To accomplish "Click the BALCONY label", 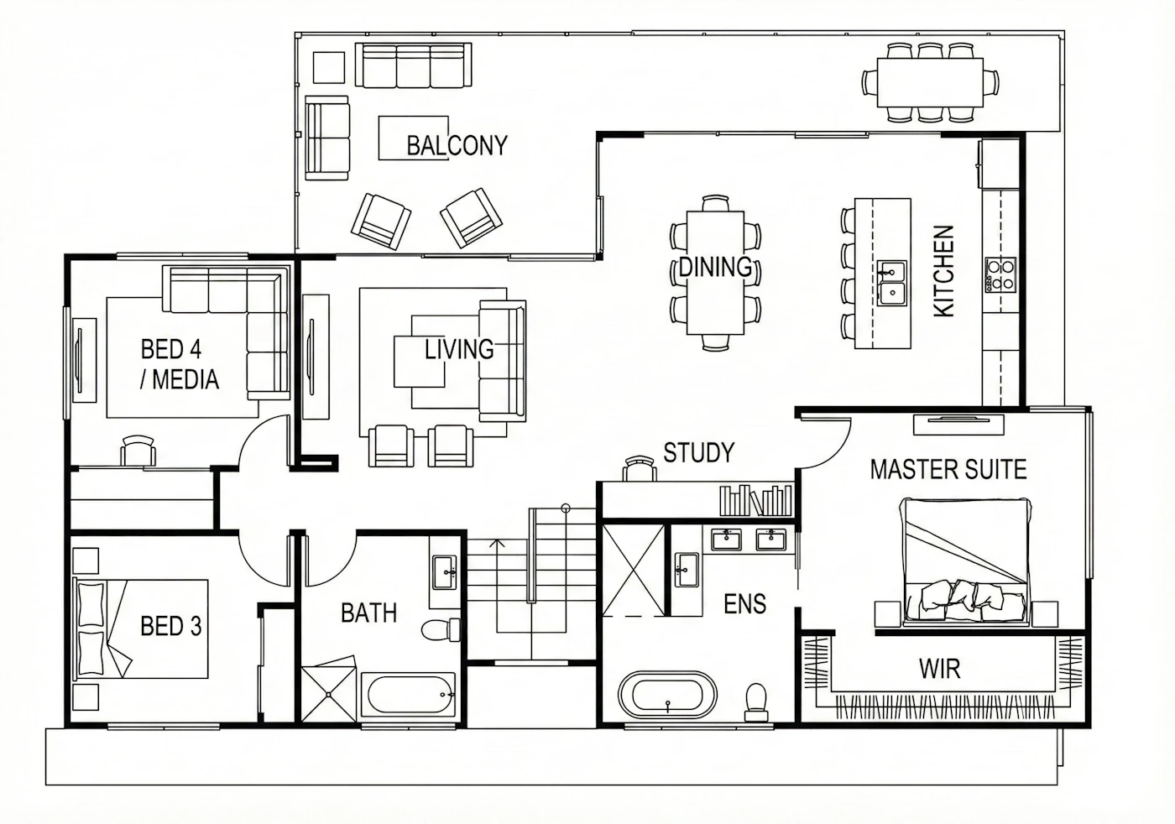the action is (457, 145).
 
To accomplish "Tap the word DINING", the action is (715, 267).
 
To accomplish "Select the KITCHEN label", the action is (943, 271).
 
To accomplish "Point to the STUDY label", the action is (698, 452).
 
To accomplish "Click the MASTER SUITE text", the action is (948, 469).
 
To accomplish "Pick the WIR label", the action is (939, 669).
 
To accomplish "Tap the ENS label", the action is (745, 603).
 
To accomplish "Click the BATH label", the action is (368, 613).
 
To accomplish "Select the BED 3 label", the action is (171, 625).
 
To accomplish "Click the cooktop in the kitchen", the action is (1000, 274).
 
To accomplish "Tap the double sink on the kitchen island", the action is (891, 283).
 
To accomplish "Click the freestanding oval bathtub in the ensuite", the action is (668, 696).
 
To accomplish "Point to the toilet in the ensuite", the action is (756, 701).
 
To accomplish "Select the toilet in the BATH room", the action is (441, 629).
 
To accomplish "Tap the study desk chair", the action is (640, 468).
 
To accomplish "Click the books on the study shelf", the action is (755, 500).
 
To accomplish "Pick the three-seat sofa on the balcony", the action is (413, 65).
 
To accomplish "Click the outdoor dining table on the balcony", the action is (930, 82).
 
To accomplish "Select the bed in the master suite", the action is (965, 561).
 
